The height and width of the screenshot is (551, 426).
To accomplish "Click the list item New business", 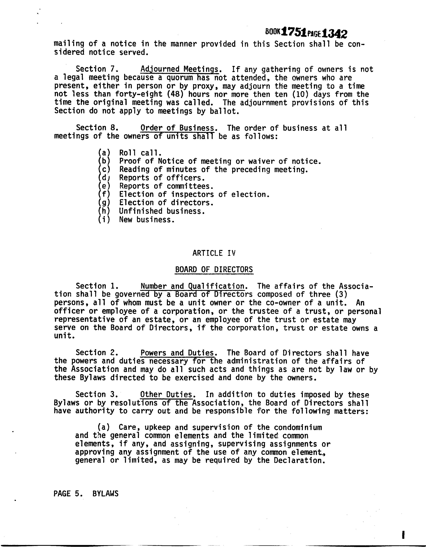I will point(147,220).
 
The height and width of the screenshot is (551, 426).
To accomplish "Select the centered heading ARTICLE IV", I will point(214,253).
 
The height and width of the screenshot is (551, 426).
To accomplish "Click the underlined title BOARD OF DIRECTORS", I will point(214,269).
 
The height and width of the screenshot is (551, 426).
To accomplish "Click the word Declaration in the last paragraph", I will point(298,461).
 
